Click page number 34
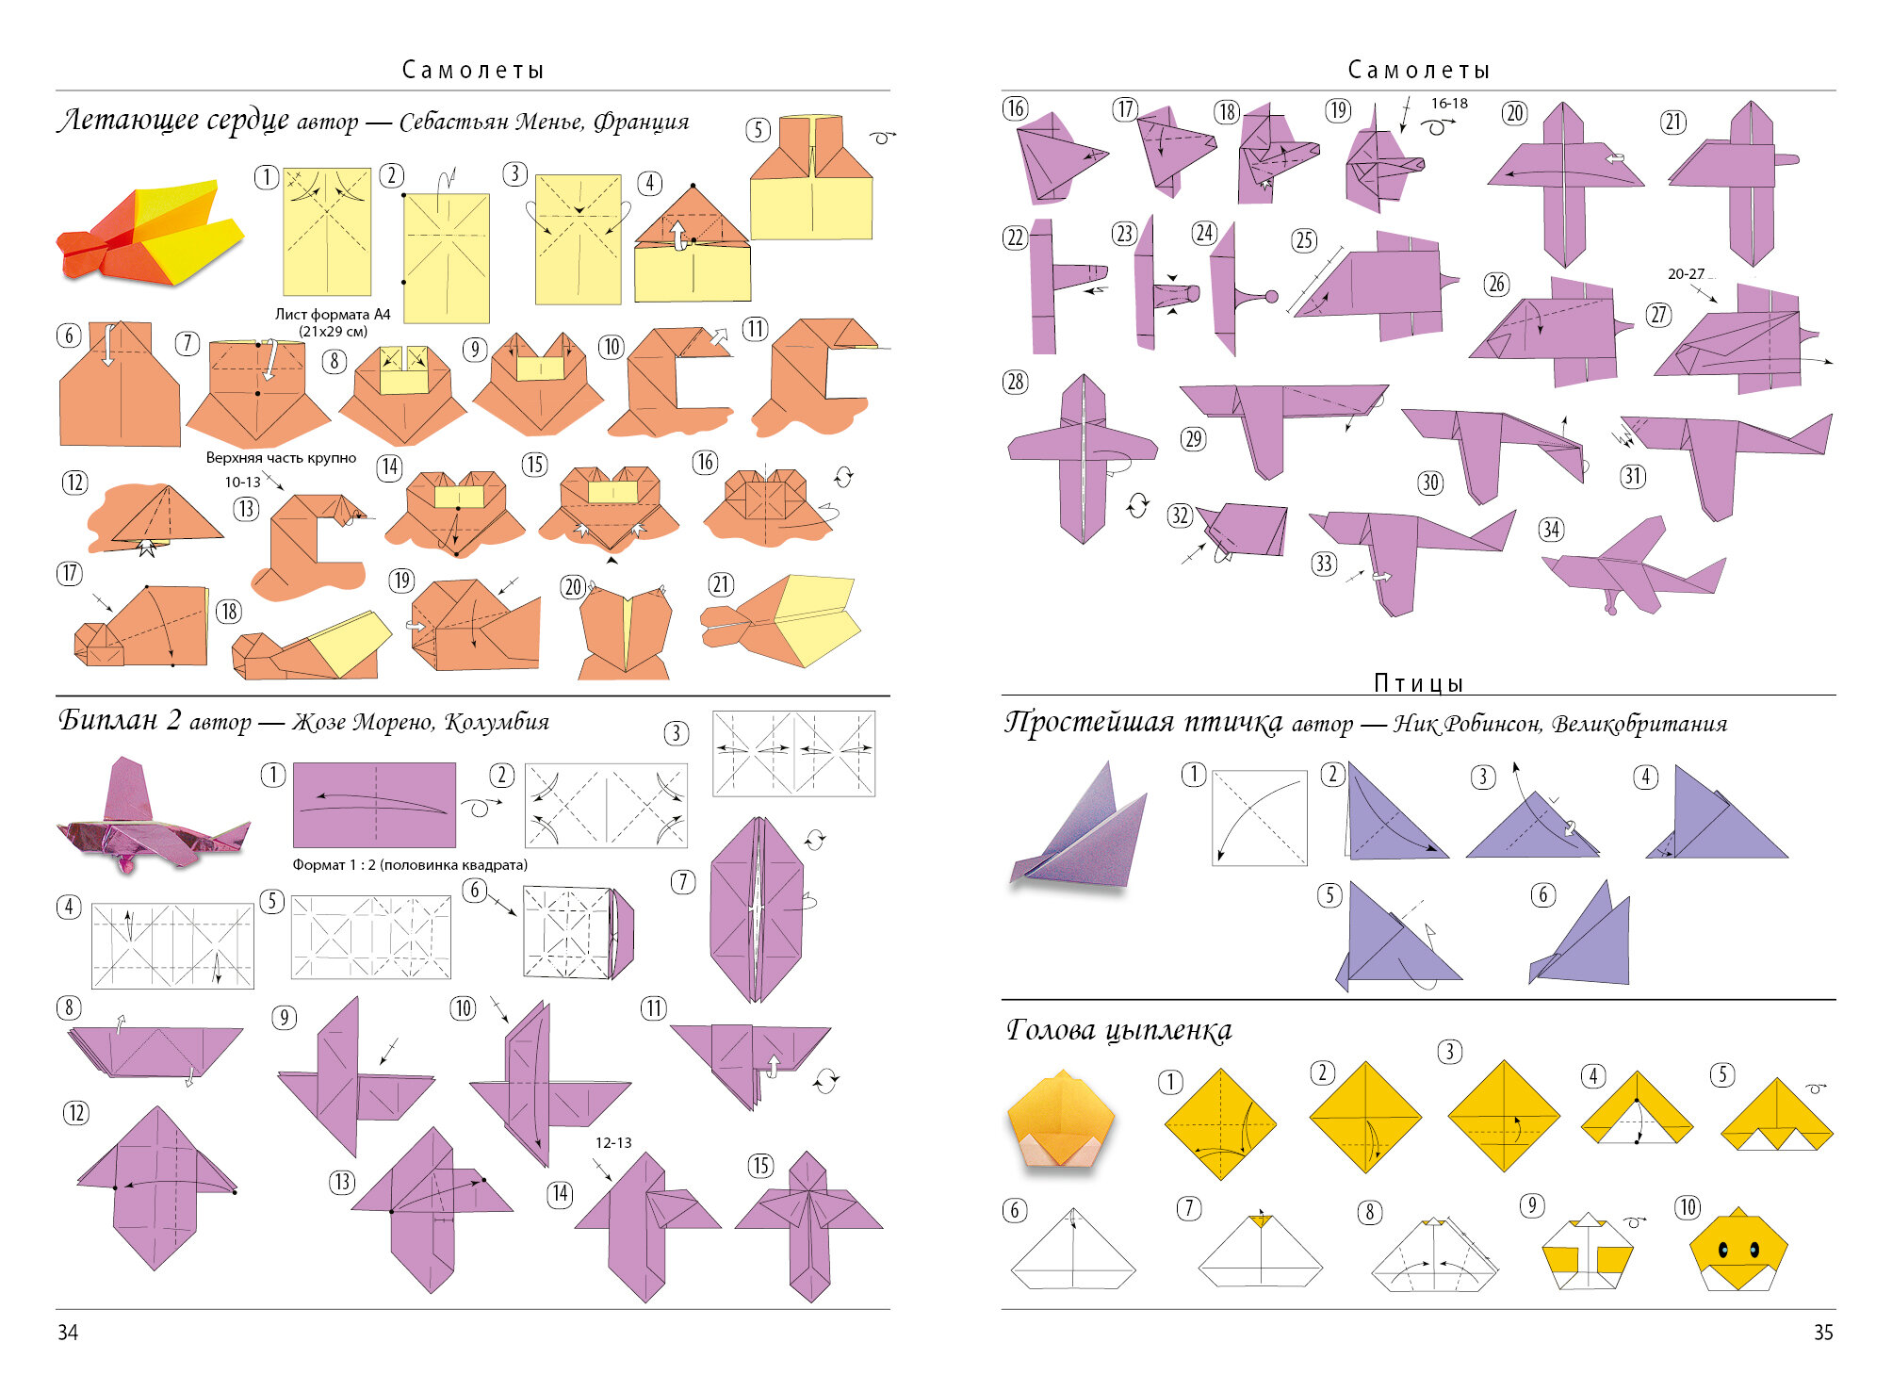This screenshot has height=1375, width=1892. (68, 1332)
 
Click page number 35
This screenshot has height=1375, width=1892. (1823, 1332)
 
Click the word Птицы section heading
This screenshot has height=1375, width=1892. (1418, 682)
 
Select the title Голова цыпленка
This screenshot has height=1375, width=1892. (1119, 1030)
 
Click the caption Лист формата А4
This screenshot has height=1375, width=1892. (333, 314)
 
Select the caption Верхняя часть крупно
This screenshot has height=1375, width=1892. (281, 458)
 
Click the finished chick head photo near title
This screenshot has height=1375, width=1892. (1061, 1119)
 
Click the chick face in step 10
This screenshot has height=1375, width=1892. (1738, 1250)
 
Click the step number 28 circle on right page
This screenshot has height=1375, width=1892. (1015, 382)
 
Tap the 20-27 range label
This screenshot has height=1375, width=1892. (1686, 274)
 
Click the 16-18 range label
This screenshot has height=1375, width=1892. (1449, 104)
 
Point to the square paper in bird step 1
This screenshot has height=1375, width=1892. (1260, 818)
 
